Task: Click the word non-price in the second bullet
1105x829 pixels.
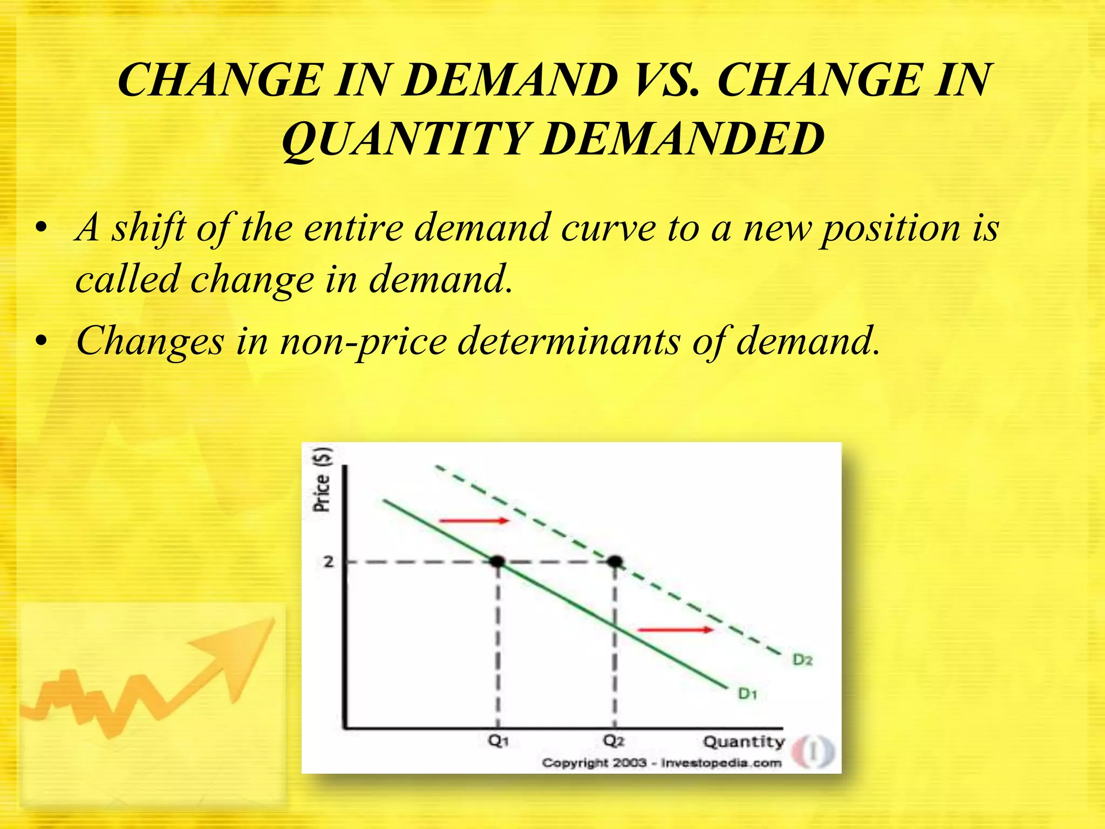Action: pos(363,342)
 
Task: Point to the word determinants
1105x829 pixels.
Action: pos(569,342)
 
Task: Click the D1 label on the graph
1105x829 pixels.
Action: pos(748,694)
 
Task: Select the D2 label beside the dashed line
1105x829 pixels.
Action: pos(802,660)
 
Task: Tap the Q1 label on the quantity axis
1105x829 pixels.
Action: pos(498,740)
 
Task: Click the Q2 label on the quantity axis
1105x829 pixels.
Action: pos(614,740)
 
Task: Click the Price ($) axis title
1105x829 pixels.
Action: pos(322,479)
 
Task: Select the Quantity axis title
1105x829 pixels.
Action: pos(744,742)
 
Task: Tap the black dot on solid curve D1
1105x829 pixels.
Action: pos(497,562)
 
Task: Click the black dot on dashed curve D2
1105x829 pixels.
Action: pos(615,562)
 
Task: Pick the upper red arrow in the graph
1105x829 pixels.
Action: pos(474,521)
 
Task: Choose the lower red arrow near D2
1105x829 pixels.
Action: pos(675,629)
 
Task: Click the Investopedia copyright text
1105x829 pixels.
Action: pos(661,763)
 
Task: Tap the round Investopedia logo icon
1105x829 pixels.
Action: pos(814,751)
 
